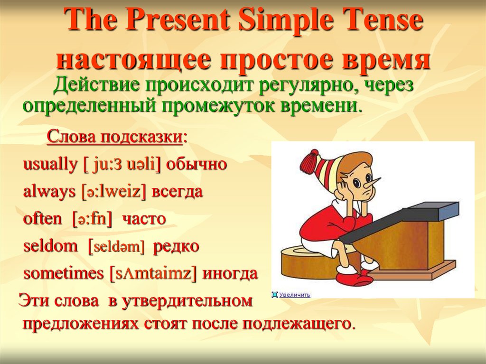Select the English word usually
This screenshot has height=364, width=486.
50,164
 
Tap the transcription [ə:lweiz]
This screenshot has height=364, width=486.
113,192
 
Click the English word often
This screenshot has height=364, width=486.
42,219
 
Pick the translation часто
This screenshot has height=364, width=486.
144,219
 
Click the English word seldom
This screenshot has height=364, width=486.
50,246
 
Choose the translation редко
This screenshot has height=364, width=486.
176,246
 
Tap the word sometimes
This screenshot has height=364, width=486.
64,273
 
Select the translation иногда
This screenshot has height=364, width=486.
230,274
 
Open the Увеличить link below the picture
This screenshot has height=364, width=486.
294,295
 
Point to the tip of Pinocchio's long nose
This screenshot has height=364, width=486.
380,179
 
